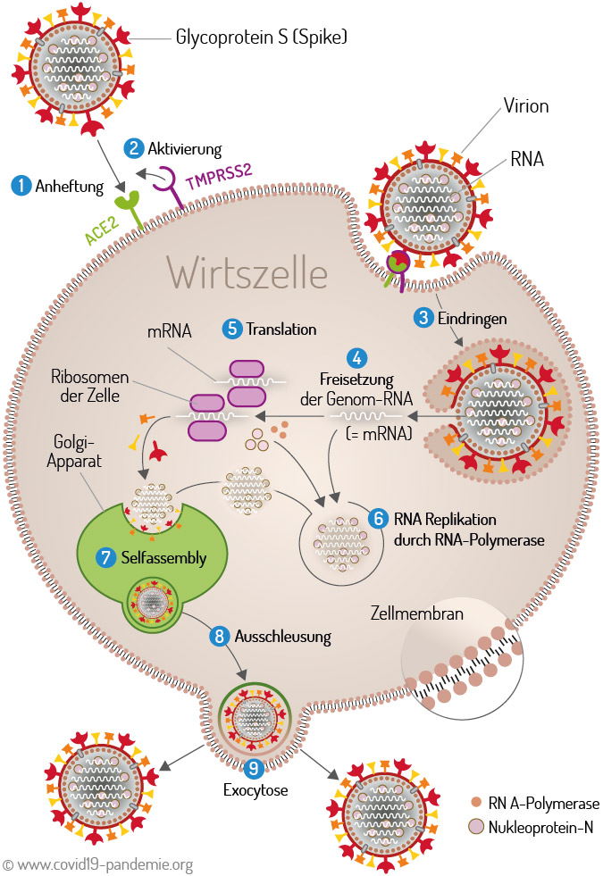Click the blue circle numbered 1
pos(21,186)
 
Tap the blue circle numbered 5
pos(232,330)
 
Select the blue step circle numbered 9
pos(254,768)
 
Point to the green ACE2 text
pos(102,230)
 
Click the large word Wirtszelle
pos(247,273)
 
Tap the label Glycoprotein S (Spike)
pos(262,37)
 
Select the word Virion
pos(526,105)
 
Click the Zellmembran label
pos(417,613)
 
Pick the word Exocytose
pos(255,790)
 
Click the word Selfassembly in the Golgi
pos(163,557)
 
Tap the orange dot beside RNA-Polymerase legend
pos(476,802)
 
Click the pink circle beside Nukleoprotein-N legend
pos(476,826)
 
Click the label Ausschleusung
pos(283,637)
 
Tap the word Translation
pos(281,330)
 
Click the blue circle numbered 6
pos(379,519)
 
